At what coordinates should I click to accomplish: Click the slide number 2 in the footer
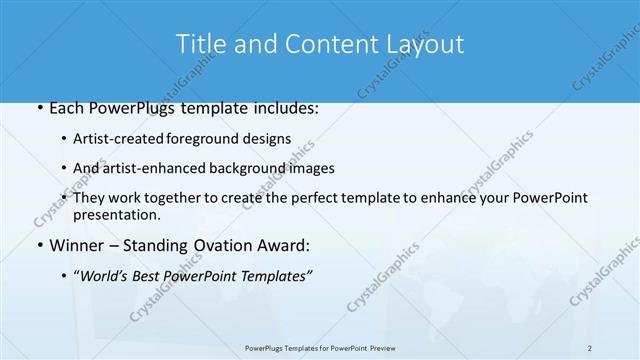coord(589,347)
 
